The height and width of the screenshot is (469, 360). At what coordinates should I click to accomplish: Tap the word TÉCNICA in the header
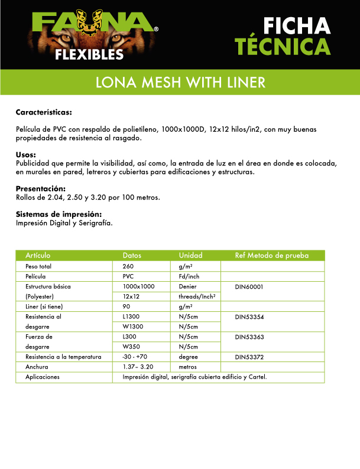pos(282,47)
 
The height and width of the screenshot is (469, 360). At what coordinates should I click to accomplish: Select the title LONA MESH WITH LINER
pos(180,82)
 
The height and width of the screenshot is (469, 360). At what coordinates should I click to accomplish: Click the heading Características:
pos(44,112)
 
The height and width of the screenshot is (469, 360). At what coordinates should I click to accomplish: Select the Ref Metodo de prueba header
pos(271,256)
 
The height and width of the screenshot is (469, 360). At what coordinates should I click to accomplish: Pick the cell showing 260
pos(128,266)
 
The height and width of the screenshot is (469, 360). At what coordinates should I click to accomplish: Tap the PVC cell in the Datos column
pos(128,276)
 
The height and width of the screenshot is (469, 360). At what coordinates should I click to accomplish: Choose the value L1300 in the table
pos(131,317)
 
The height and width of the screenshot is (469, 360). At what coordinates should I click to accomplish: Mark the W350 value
pos(130,347)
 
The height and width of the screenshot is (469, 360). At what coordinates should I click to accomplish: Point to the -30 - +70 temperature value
pos(137,357)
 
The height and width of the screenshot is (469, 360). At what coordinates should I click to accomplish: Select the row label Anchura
pos(37,367)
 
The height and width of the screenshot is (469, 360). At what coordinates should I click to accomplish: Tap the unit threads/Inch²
pos(196,297)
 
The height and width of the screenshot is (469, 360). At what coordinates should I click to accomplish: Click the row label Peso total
pos(38,266)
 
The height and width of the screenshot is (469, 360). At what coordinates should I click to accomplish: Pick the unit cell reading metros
pos(187,367)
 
